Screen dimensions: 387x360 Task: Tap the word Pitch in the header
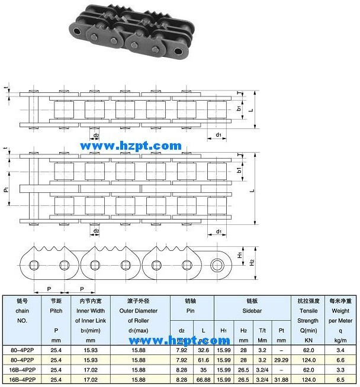point(56,310)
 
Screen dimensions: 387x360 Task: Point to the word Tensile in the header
point(308,310)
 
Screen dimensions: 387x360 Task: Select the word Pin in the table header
point(191,310)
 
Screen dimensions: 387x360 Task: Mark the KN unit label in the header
point(308,341)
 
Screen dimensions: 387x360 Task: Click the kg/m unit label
point(340,341)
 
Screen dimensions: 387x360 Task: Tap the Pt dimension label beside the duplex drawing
point(6,191)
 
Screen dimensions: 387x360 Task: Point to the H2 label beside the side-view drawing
point(251,261)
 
